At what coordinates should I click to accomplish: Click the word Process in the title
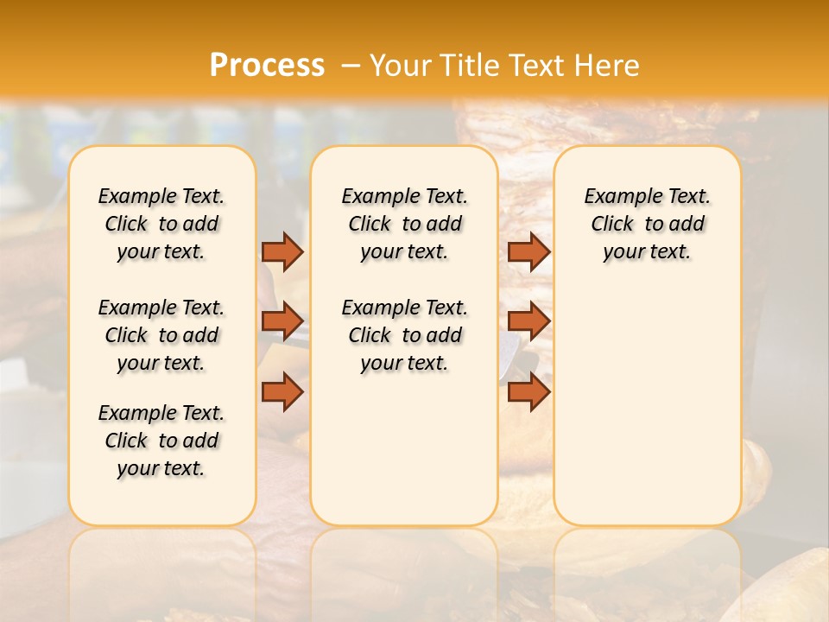point(267,65)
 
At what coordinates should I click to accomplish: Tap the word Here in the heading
point(607,65)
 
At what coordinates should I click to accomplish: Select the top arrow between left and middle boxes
point(282,251)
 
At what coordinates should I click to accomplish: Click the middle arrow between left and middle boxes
point(282,321)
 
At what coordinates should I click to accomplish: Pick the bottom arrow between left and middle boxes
point(282,391)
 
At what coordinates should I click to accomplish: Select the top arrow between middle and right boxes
point(528,251)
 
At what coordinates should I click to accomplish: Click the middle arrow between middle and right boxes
point(528,321)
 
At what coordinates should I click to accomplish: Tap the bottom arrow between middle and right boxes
point(528,391)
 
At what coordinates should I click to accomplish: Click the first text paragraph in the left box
point(161,224)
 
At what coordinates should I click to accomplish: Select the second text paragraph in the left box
point(161,335)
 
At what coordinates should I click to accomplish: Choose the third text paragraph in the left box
point(161,441)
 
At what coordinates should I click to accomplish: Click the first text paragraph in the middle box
point(404,224)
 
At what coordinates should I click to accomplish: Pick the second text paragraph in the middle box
point(404,335)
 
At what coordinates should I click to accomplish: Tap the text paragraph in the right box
point(647,224)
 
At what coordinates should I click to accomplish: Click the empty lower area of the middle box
point(404,449)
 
